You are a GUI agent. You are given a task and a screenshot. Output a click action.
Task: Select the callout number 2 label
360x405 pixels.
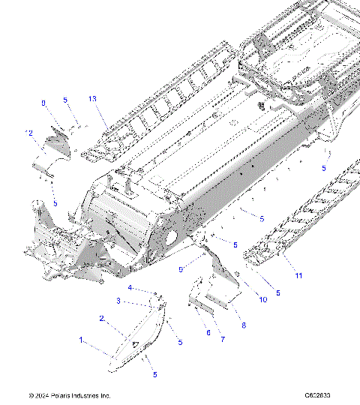pyautogui.click(x=101, y=318)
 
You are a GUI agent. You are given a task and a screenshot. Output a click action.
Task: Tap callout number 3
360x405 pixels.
pyautogui.click(x=117, y=301)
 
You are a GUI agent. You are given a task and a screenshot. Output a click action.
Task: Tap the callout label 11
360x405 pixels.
pyautogui.click(x=298, y=276)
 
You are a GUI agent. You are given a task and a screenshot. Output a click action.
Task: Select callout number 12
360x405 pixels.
pyautogui.click(x=29, y=133)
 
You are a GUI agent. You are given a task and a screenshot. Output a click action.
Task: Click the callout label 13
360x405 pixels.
pyautogui.click(x=92, y=99)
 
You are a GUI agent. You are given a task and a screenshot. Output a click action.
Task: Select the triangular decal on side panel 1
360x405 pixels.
pyautogui.click(x=135, y=343)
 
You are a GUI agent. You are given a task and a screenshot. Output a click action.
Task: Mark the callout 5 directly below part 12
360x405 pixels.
pyautogui.click(x=55, y=203)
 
